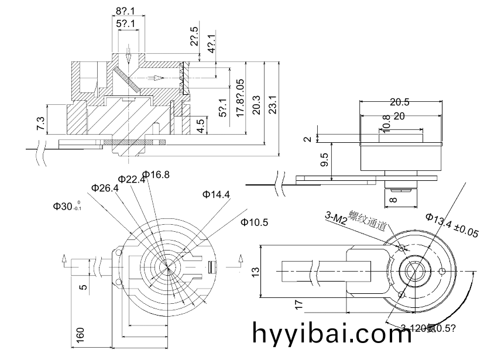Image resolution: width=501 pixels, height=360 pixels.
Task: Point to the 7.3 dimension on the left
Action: [40, 123]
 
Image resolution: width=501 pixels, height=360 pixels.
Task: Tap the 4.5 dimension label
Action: [201, 125]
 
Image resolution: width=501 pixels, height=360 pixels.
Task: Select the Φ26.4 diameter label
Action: [105, 188]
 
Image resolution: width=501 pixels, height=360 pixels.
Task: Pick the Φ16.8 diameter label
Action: [156, 174]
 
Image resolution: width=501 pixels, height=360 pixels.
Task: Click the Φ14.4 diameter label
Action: [216, 194]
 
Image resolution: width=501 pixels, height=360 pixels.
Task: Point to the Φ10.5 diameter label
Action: [255, 222]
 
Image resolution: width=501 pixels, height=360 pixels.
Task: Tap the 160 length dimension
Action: [81, 334]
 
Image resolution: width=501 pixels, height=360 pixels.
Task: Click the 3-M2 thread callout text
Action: [336, 218]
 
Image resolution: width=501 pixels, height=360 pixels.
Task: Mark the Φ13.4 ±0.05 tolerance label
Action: [452, 226]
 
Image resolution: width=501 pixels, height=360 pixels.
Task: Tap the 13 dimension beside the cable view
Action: [256, 273]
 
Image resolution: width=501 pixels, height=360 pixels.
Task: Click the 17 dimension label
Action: [298, 304]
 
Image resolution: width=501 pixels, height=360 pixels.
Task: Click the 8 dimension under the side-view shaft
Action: [393, 199]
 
